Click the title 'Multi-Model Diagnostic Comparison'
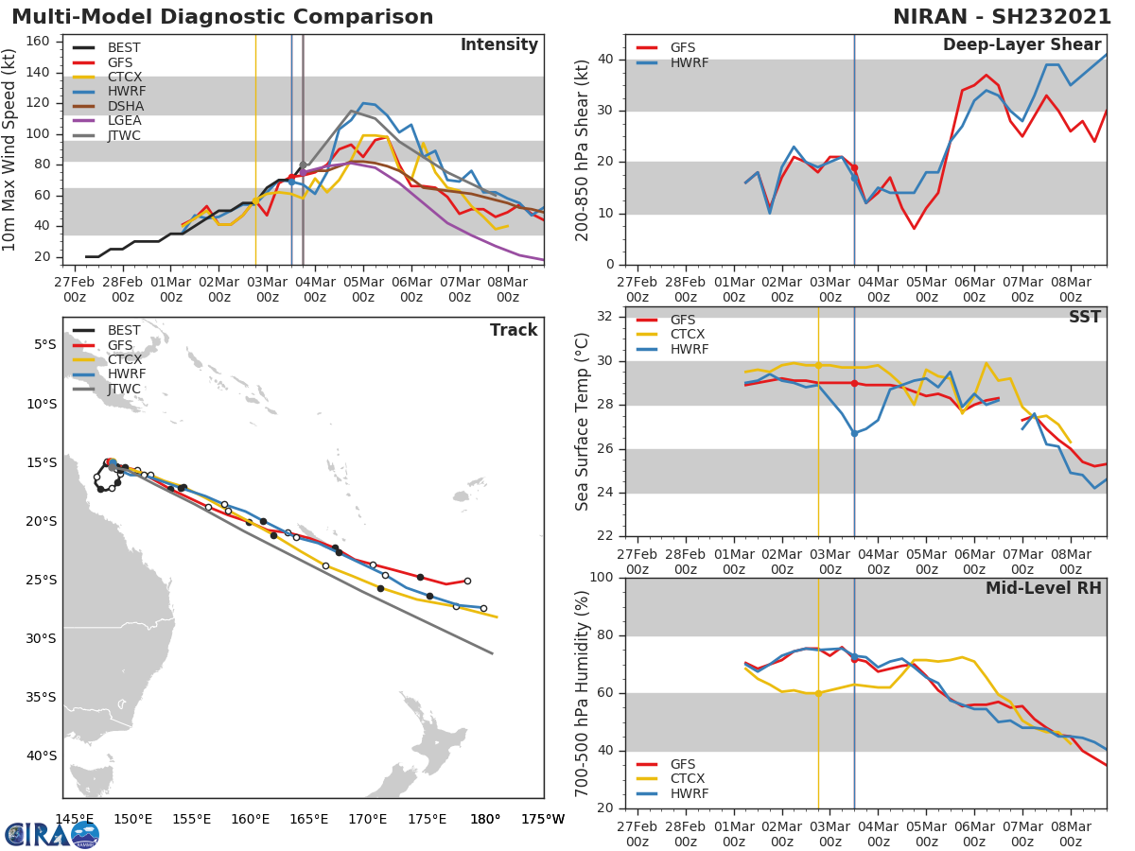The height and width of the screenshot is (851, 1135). pos(222,17)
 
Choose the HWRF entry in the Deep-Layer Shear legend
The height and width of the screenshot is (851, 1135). pos(689,62)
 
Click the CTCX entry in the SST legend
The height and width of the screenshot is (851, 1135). pos(689,335)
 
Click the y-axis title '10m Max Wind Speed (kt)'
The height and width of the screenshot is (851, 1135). pos(11,152)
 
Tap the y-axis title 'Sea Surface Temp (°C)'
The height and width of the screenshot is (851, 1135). pos(583,422)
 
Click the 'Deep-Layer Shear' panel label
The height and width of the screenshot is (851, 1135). pos(1021,45)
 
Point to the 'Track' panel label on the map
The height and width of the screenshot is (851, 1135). pos(513,330)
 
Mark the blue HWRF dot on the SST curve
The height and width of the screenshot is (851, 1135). pos(854,433)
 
